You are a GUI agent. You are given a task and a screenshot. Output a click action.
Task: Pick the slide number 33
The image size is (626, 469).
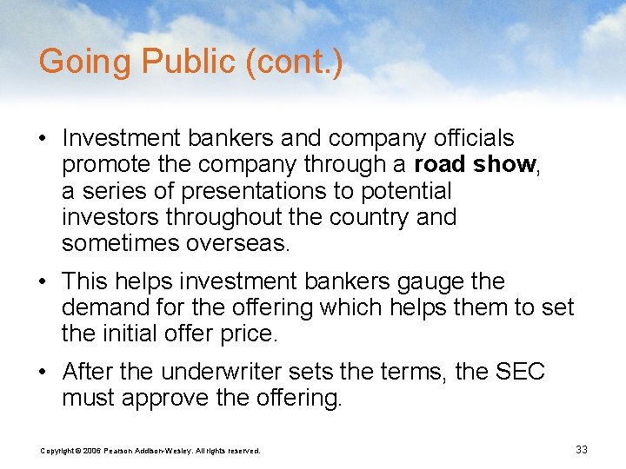(x=582, y=449)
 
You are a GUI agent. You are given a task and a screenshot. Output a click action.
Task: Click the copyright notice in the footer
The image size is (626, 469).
(x=150, y=450)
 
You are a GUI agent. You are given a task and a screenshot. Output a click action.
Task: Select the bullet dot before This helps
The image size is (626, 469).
(x=48, y=282)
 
